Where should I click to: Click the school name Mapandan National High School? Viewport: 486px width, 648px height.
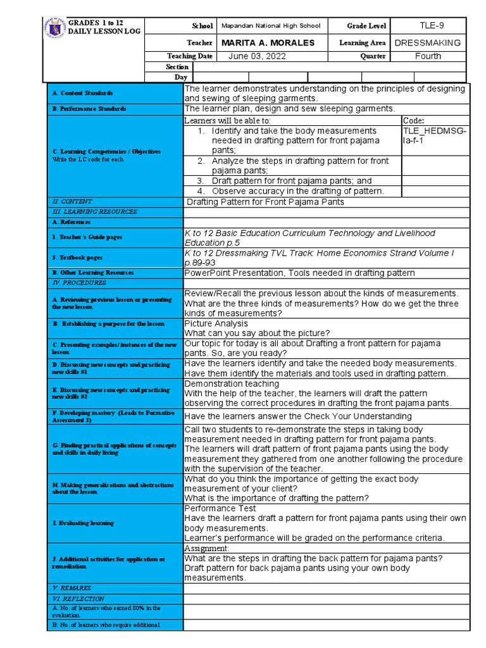[x=270, y=26]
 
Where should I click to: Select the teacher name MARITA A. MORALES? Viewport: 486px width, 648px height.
[x=268, y=43]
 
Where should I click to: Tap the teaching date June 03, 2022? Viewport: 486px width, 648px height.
[x=258, y=56]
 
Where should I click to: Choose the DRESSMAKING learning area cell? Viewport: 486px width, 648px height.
[x=428, y=43]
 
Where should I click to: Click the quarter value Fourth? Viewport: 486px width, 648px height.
[x=428, y=56]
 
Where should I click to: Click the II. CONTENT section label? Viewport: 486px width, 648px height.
[x=72, y=201]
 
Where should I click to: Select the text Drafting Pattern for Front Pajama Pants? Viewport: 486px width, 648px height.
[x=266, y=202]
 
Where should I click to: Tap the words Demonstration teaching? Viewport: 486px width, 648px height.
[x=231, y=383]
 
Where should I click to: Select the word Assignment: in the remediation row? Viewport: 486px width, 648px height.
[x=206, y=548]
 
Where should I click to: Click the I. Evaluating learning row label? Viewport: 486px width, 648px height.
[x=83, y=523]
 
